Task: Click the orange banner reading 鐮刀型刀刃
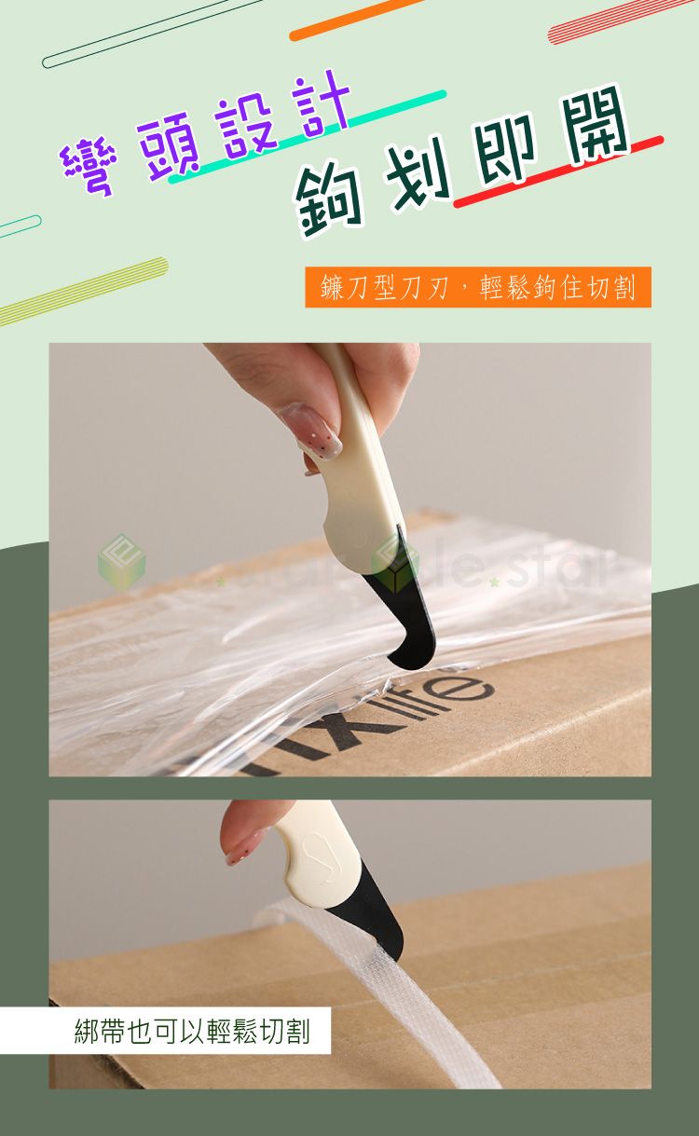477,288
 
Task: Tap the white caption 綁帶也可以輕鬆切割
191,1031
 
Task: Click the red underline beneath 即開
559,171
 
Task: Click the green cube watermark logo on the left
121,561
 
